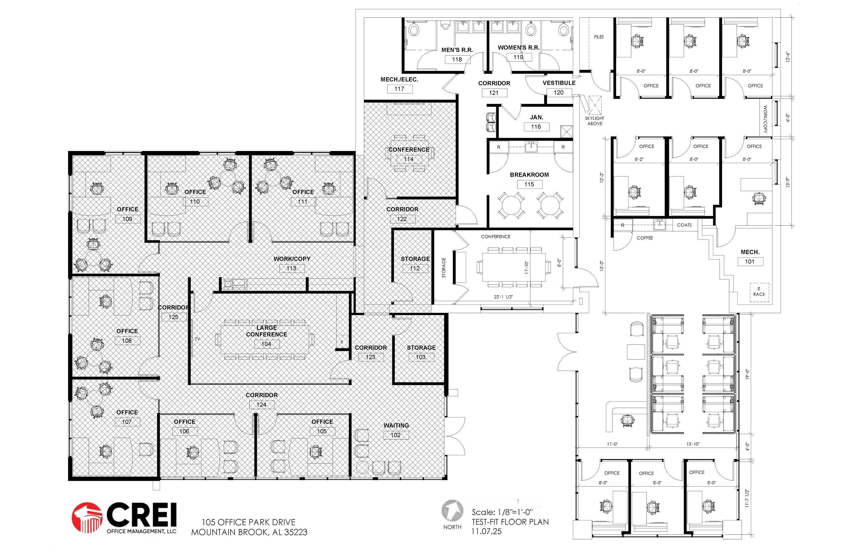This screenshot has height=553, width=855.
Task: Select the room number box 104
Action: pyautogui.click(x=266, y=344)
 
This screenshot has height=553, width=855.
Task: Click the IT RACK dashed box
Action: pyautogui.click(x=759, y=292)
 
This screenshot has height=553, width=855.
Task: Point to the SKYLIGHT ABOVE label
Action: pyautogui.click(x=595, y=121)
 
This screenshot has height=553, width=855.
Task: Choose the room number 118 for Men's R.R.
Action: pyautogui.click(x=457, y=60)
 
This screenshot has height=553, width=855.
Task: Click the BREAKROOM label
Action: pyautogui.click(x=529, y=175)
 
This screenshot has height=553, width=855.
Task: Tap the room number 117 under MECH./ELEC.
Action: pyautogui.click(x=400, y=89)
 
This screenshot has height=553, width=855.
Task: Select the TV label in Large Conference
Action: pyautogui.click(x=197, y=339)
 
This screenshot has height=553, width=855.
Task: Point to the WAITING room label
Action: pyautogui.click(x=396, y=425)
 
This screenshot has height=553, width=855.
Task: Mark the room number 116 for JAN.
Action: pyautogui.click(x=536, y=127)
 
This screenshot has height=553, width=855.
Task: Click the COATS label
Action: pyautogui.click(x=684, y=225)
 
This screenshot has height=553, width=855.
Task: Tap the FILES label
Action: pyautogui.click(x=599, y=37)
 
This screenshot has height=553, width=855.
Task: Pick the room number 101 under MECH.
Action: pyautogui.click(x=750, y=262)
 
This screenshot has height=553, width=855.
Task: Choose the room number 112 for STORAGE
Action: pyautogui.click(x=415, y=268)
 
